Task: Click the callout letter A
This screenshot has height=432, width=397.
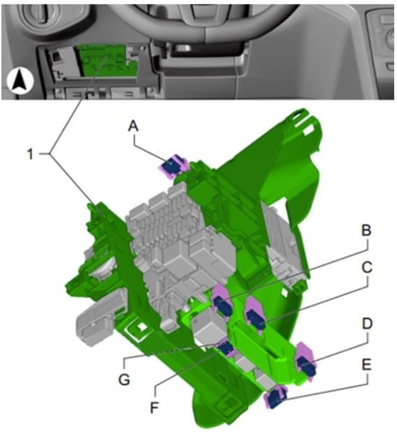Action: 133,127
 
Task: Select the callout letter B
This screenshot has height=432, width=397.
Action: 367,230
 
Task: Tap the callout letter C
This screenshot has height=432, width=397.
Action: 367,267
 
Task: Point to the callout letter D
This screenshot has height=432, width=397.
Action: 367,324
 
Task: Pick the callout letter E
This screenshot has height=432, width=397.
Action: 367,364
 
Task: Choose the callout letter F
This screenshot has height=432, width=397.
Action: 155,407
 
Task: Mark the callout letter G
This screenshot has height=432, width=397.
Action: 124,379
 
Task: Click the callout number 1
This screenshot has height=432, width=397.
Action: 30,154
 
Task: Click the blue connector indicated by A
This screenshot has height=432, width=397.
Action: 171,166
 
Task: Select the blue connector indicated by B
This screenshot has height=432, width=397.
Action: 223,305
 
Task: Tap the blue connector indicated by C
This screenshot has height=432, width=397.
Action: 256,318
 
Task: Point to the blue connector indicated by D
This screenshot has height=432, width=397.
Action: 306,366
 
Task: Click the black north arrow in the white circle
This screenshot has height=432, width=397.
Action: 20,81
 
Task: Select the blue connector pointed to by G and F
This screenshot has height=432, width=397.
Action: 226,348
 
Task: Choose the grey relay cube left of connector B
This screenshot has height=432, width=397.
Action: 209,325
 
